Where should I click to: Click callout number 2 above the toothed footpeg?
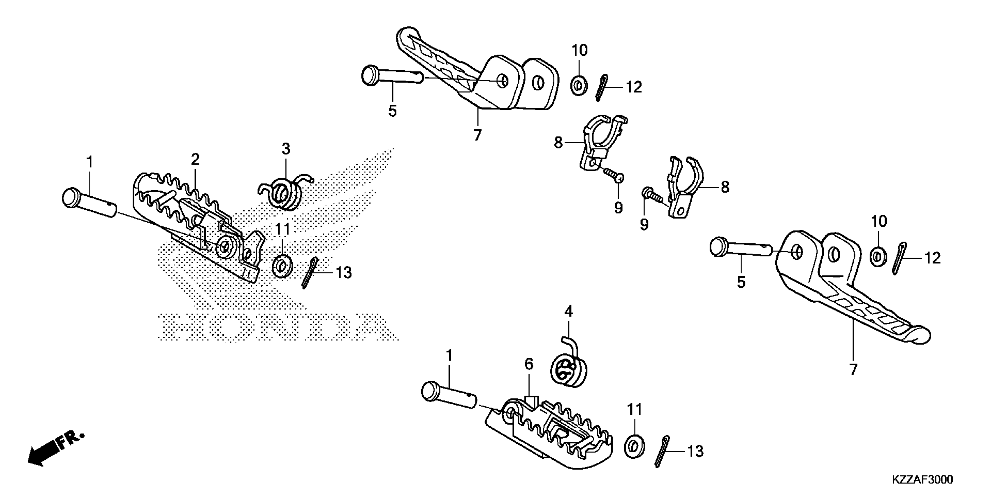click(195, 159)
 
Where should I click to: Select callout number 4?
click(568, 311)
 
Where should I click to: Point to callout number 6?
click(529, 364)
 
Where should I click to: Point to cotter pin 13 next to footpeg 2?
click(310, 273)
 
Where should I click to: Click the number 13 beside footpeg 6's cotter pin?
click(695, 451)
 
